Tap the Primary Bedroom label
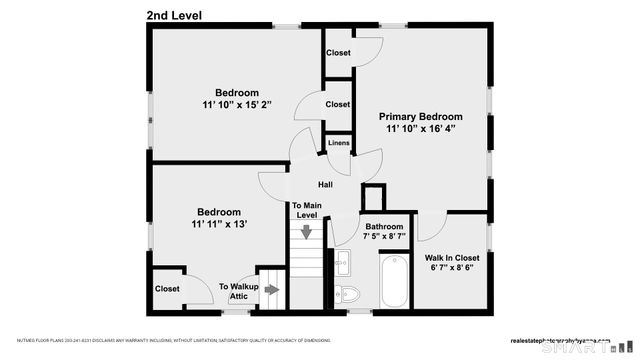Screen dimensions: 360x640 (x=421, y=116)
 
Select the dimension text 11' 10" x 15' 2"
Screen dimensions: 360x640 (x=236, y=104)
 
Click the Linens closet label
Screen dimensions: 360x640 (x=339, y=144)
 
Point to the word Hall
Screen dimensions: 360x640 (x=326, y=185)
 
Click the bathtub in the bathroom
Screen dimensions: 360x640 (x=393, y=283)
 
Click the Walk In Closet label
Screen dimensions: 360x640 (x=453, y=257)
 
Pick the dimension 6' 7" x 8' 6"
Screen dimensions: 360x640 (x=453, y=268)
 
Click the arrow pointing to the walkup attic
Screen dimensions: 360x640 (x=271, y=290)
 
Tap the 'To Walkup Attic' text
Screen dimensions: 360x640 (x=239, y=291)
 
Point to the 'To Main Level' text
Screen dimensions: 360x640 (x=305, y=210)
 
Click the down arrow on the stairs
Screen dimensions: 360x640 (x=307, y=235)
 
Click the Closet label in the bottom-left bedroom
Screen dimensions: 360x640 (x=167, y=289)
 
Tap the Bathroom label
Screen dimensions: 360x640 (x=384, y=226)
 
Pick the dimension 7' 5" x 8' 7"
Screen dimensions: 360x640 (x=384, y=237)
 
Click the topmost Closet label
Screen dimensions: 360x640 (x=338, y=53)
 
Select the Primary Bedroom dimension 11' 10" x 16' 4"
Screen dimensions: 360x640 (x=421, y=128)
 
